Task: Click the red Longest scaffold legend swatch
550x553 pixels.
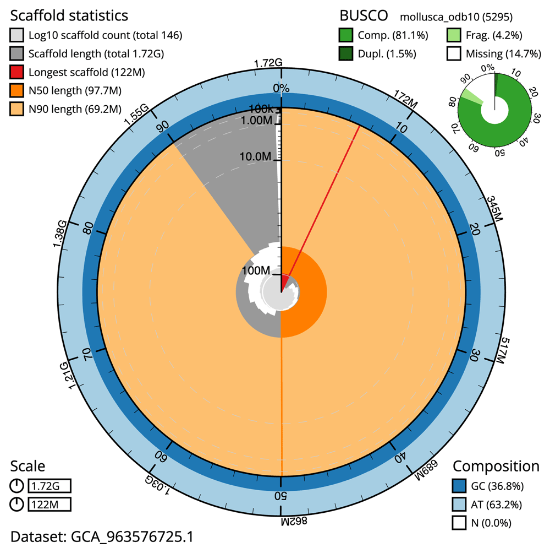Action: pos(17,72)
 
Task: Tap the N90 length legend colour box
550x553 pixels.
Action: pos(17,108)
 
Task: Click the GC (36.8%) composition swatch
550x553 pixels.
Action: pos(460,486)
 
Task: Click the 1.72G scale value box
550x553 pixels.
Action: pos(50,486)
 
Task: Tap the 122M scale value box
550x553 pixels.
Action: pos(50,504)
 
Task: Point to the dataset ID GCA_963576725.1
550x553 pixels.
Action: pos(102,536)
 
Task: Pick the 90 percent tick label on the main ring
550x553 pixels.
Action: pos(163,126)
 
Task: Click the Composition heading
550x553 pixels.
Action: pos(496,466)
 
